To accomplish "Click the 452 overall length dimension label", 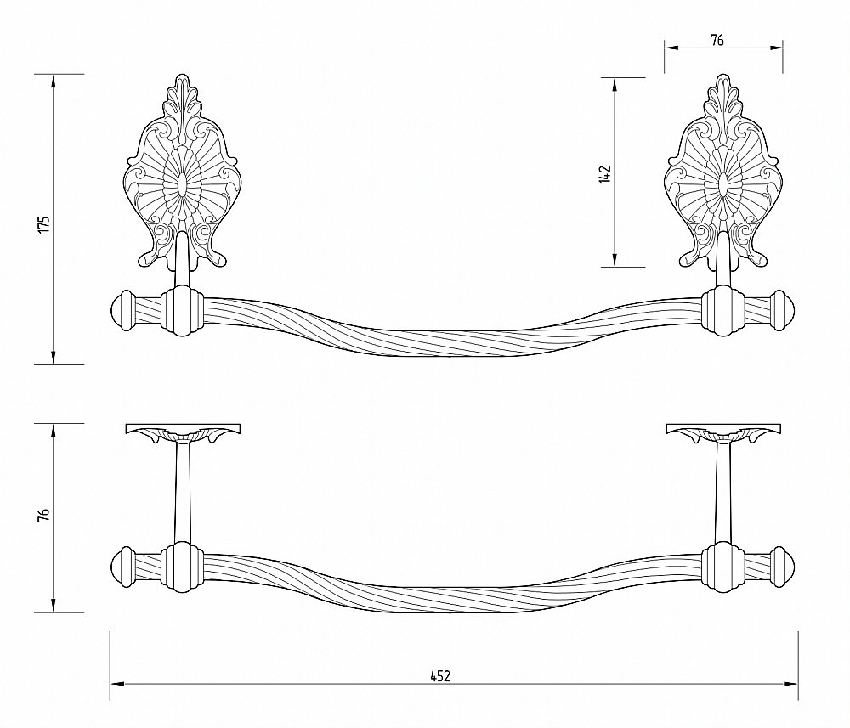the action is tap(440, 676).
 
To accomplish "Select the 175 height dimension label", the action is tap(46, 223).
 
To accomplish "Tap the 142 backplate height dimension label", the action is tap(605, 174).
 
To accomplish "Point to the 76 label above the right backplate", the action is tap(717, 40).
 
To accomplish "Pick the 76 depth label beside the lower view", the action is tap(46, 514).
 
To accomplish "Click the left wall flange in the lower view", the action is tap(183, 432).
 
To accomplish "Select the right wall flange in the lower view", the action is tap(723, 432).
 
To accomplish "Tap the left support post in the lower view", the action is tap(182, 493).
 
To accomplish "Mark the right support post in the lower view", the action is tap(723, 493).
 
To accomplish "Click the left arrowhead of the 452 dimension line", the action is tap(117, 684).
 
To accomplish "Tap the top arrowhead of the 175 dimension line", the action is tap(53, 82).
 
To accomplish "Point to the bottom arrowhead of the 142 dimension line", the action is tap(615, 259).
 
